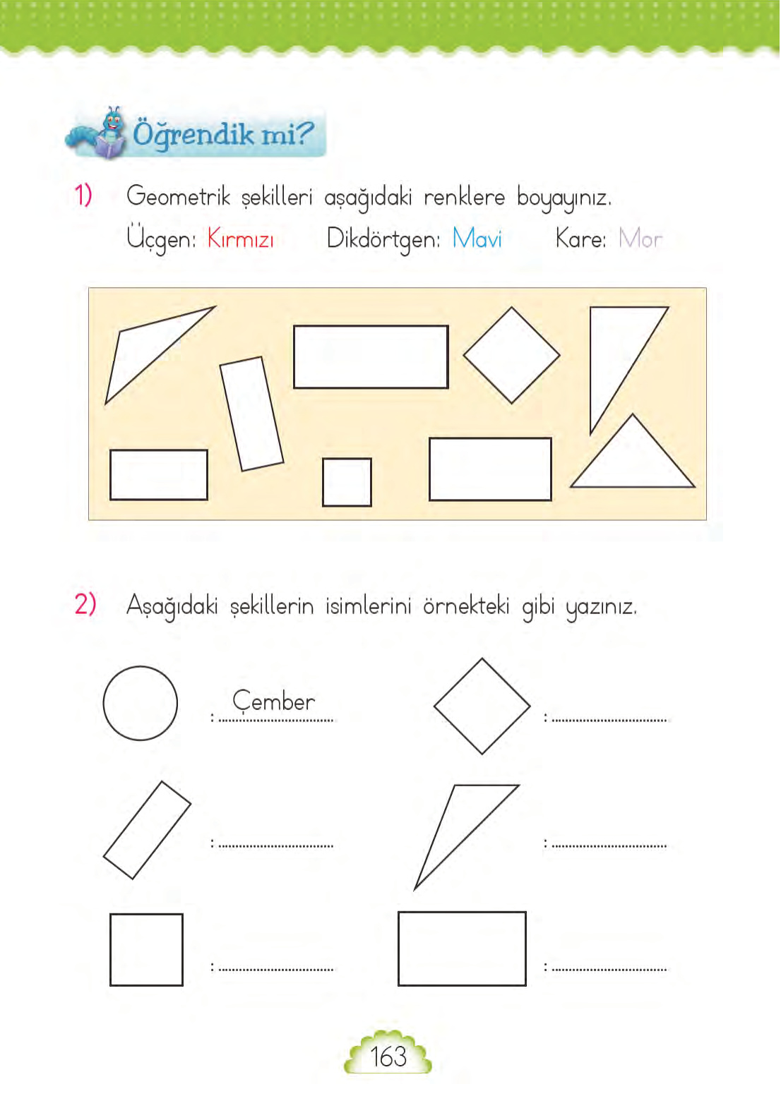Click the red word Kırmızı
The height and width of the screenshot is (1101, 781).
click(x=240, y=239)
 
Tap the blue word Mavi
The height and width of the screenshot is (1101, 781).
click(x=477, y=239)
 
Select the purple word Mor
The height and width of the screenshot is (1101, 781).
click(x=640, y=239)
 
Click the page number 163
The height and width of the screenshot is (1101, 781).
click(x=388, y=1057)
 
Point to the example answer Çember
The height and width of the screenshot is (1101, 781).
click(x=274, y=702)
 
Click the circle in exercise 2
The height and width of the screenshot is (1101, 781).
click(x=140, y=703)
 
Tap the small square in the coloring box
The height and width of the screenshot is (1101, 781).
click(x=347, y=482)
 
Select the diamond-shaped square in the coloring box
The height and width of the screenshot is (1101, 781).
click(x=511, y=355)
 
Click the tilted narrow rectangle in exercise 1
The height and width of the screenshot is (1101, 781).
click(x=251, y=414)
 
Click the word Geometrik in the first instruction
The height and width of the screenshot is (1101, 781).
click(x=178, y=196)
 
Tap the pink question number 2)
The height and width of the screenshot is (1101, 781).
click(x=85, y=604)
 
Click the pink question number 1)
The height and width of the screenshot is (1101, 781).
click(x=83, y=195)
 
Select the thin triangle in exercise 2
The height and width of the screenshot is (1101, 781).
click(x=459, y=826)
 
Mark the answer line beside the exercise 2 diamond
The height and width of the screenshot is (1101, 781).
click(x=609, y=719)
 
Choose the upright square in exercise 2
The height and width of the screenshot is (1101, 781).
click(x=146, y=949)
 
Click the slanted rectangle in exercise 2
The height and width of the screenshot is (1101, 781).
click(x=147, y=830)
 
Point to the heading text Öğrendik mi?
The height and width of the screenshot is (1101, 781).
click(x=222, y=133)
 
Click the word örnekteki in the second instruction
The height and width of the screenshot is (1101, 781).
click(x=466, y=606)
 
